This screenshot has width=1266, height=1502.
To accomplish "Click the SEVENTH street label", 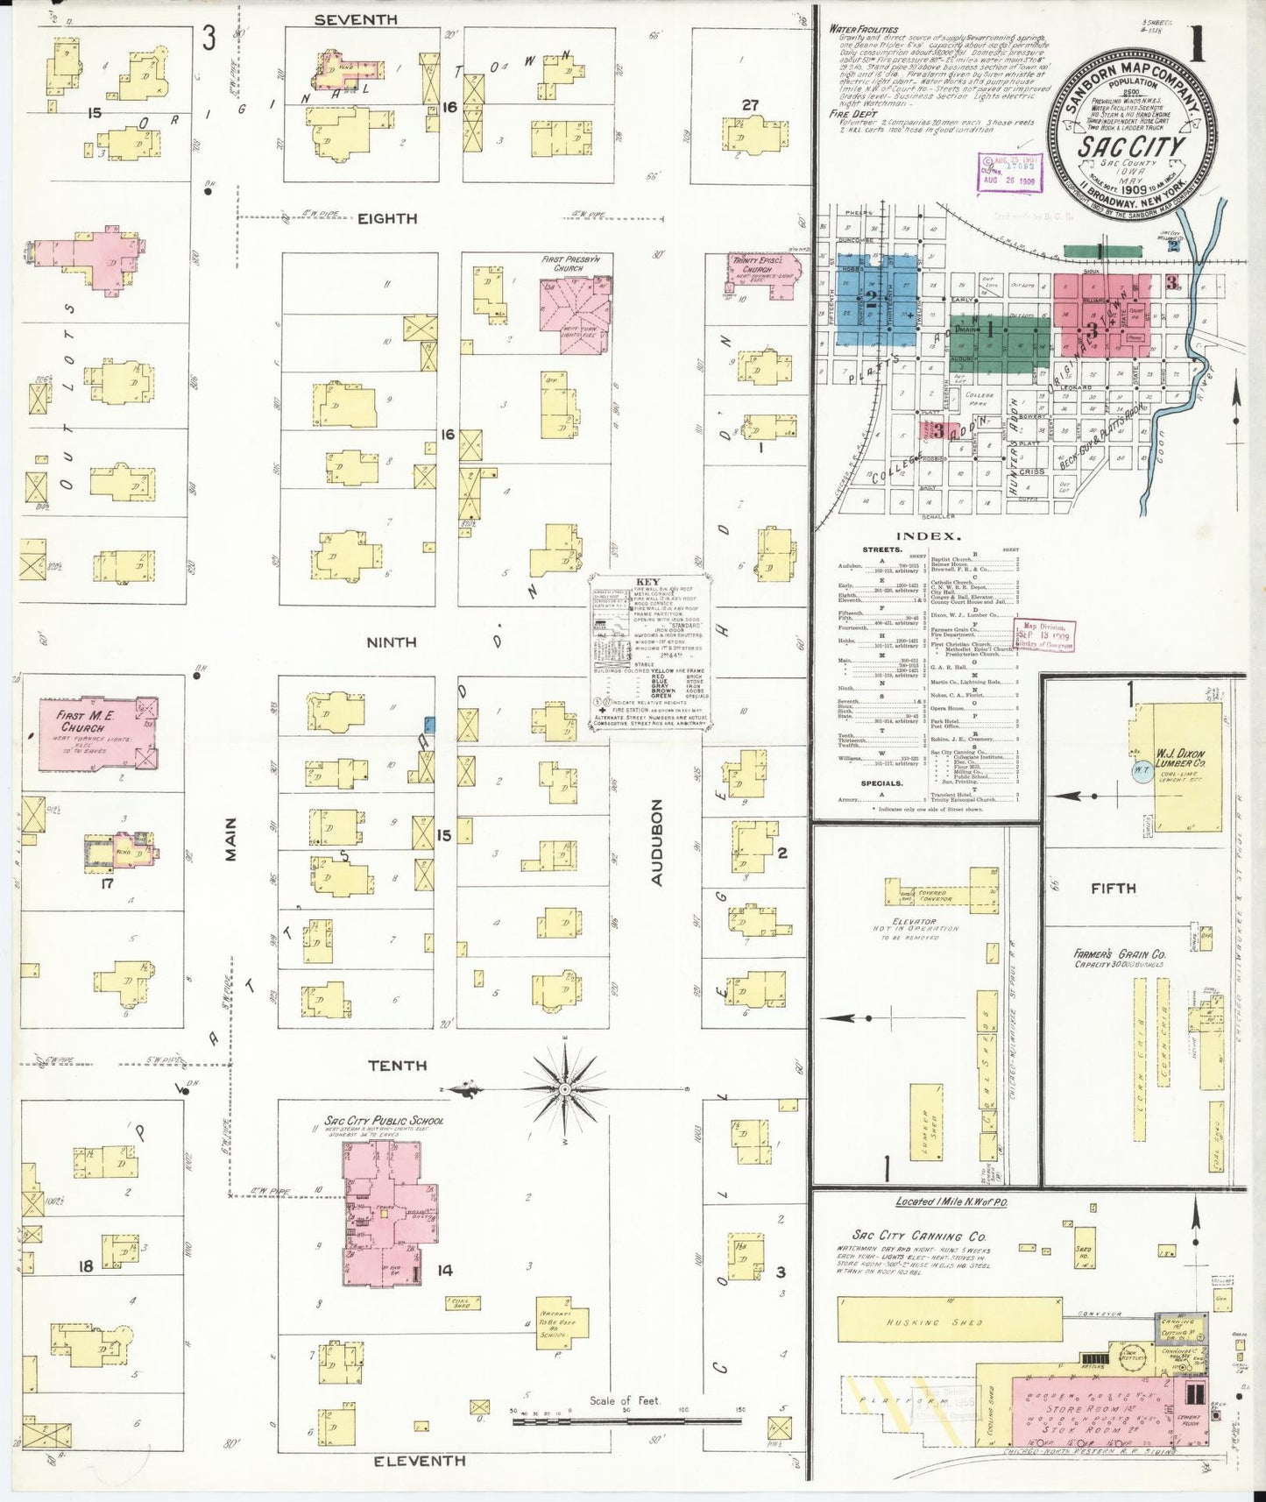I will [356, 19].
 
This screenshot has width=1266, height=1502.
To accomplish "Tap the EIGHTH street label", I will [387, 218].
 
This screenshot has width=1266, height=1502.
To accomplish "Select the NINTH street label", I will [391, 642].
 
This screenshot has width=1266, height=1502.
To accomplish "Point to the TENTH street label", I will [397, 1066].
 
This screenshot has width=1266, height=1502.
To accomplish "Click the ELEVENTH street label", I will [420, 1461].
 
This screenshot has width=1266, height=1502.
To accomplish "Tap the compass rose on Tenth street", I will [565, 1089].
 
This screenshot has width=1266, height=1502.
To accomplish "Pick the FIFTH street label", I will [1113, 888].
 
